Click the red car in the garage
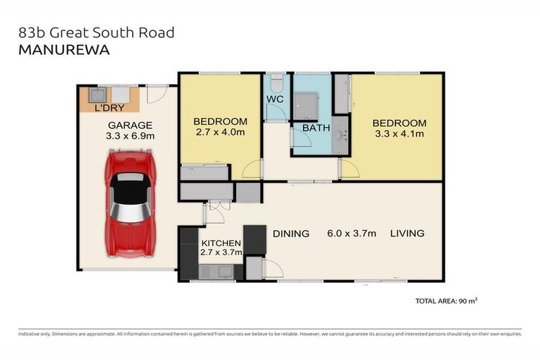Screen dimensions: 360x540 (129, 204)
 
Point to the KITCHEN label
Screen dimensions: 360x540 (221, 243)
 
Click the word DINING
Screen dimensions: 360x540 (290, 233)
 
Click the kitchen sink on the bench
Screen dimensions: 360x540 (210, 271)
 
